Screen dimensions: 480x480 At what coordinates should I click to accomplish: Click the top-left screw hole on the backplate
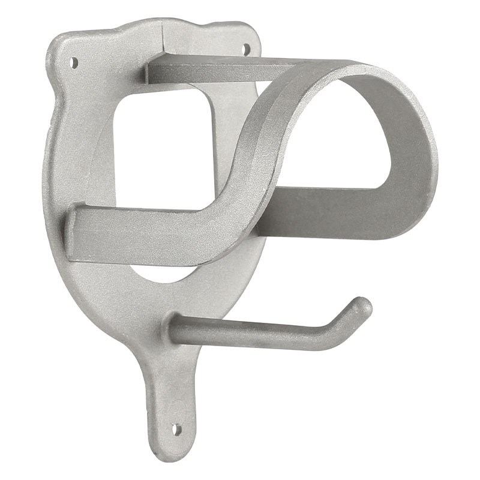click(x=74, y=61)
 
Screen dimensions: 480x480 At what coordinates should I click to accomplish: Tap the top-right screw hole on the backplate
click(x=245, y=49)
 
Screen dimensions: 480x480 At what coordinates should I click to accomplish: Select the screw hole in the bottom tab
click(x=176, y=429)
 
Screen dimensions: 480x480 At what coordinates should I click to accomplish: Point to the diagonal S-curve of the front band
click(x=252, y=162)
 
